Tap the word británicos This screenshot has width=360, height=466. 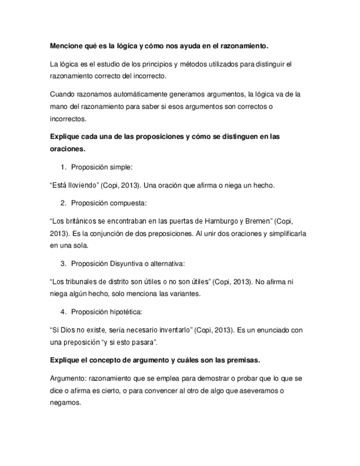pos(79,222)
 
